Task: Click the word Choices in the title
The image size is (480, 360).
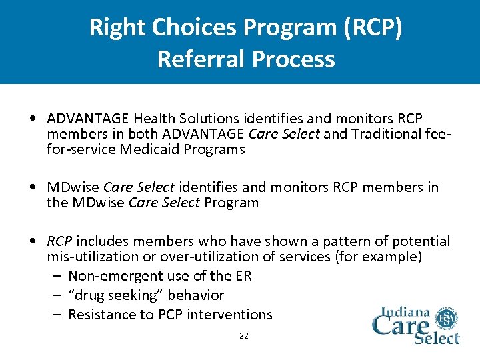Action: [x=185, y=27]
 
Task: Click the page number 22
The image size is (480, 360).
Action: [x=243, y=336]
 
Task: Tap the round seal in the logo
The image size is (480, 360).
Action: [x=445, y=317]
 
